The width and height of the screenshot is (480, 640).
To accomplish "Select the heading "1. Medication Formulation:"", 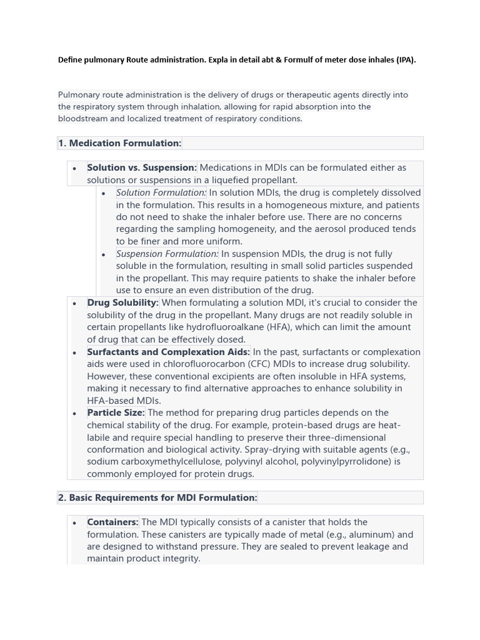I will [x=119, y=143].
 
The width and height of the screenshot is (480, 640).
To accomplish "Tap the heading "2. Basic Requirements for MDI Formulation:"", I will [x=157, y=497].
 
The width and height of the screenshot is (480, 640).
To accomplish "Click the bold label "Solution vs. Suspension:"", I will [x=142, y=167].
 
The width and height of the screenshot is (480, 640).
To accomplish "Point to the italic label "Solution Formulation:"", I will [x=161, y=192].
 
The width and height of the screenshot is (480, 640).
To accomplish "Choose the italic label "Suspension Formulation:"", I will [x=167, y=254].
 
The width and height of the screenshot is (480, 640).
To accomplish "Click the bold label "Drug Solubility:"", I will [x=122, y=302].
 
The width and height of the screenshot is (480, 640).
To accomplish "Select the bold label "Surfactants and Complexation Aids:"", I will [x=168, y=352].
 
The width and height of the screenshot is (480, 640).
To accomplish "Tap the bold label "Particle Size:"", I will [x=116, y=412].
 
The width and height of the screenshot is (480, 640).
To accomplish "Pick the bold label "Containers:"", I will [x=112, y=522].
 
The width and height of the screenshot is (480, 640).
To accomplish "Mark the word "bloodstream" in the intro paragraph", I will [x=84, y=119].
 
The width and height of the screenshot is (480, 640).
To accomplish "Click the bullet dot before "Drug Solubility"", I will [x=75, y=304].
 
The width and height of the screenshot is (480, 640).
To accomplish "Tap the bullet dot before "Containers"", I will [x=75, y=523].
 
